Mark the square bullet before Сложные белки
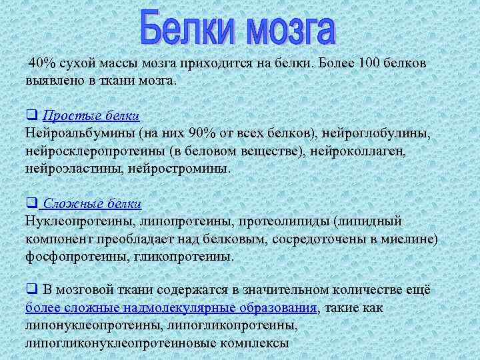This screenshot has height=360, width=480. (x=31, y=203)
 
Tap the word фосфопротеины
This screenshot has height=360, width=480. (x=75, y=255)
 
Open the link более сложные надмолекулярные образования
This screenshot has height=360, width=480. (x=171, y=308)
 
